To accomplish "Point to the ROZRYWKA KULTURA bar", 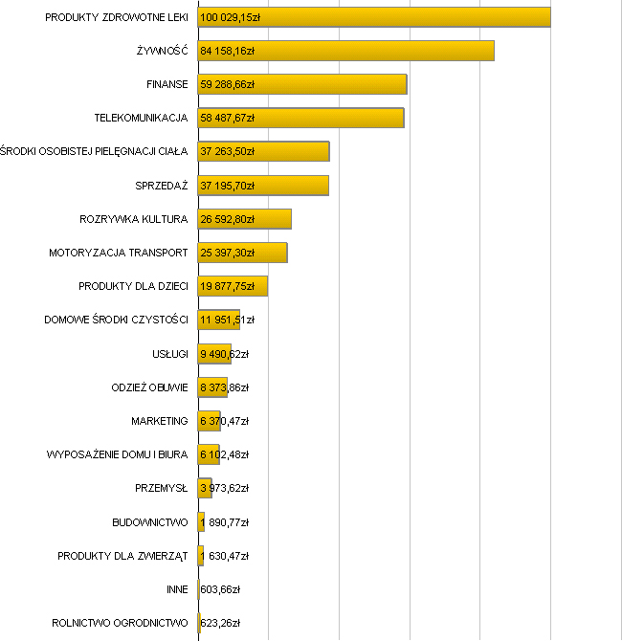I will pos(273,219).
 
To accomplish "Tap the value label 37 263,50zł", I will pos(226,151).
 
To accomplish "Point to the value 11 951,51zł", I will pos(227,320).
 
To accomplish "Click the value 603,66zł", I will pos(220,589).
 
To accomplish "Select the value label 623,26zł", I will pos(220,623).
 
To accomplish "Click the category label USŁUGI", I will pos(169,354).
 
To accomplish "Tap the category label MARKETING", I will pos(159,421).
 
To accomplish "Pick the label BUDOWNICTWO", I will pos(149,522).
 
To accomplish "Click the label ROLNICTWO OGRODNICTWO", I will pos(120,623).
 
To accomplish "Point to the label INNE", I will pos(176,589).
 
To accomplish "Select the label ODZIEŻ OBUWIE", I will pos(149,387).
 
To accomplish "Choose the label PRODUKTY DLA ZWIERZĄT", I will pos(122,556).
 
